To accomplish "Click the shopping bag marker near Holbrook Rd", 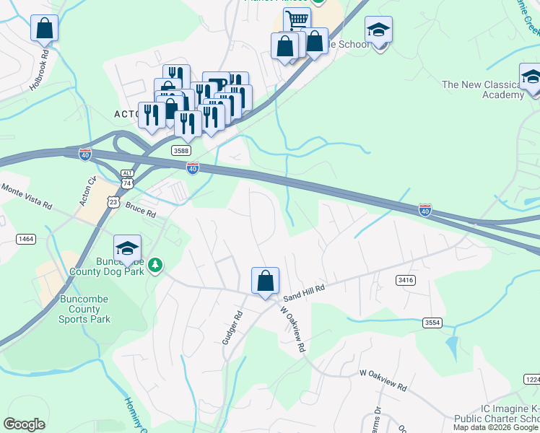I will [x=45, y=29].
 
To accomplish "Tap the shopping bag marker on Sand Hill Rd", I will [x=265, y=280].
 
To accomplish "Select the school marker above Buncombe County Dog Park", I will [x=127, y=248].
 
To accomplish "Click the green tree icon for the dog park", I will [x=154, y=266].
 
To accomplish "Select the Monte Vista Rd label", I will [x=27, y=196].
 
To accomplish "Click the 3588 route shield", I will [x=181, y=150].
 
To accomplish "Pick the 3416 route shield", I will [x=406, y=279].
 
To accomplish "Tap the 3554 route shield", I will [x=432, y=323].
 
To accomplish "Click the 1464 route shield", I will [x=26, y=238].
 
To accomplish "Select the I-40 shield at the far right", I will [x=425, y=210].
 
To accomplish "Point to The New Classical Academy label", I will [x=482, y=89].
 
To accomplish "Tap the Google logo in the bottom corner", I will [x=24, y=424].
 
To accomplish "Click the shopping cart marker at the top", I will [x=297, y=19].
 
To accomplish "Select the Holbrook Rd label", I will [x=39, y=69].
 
